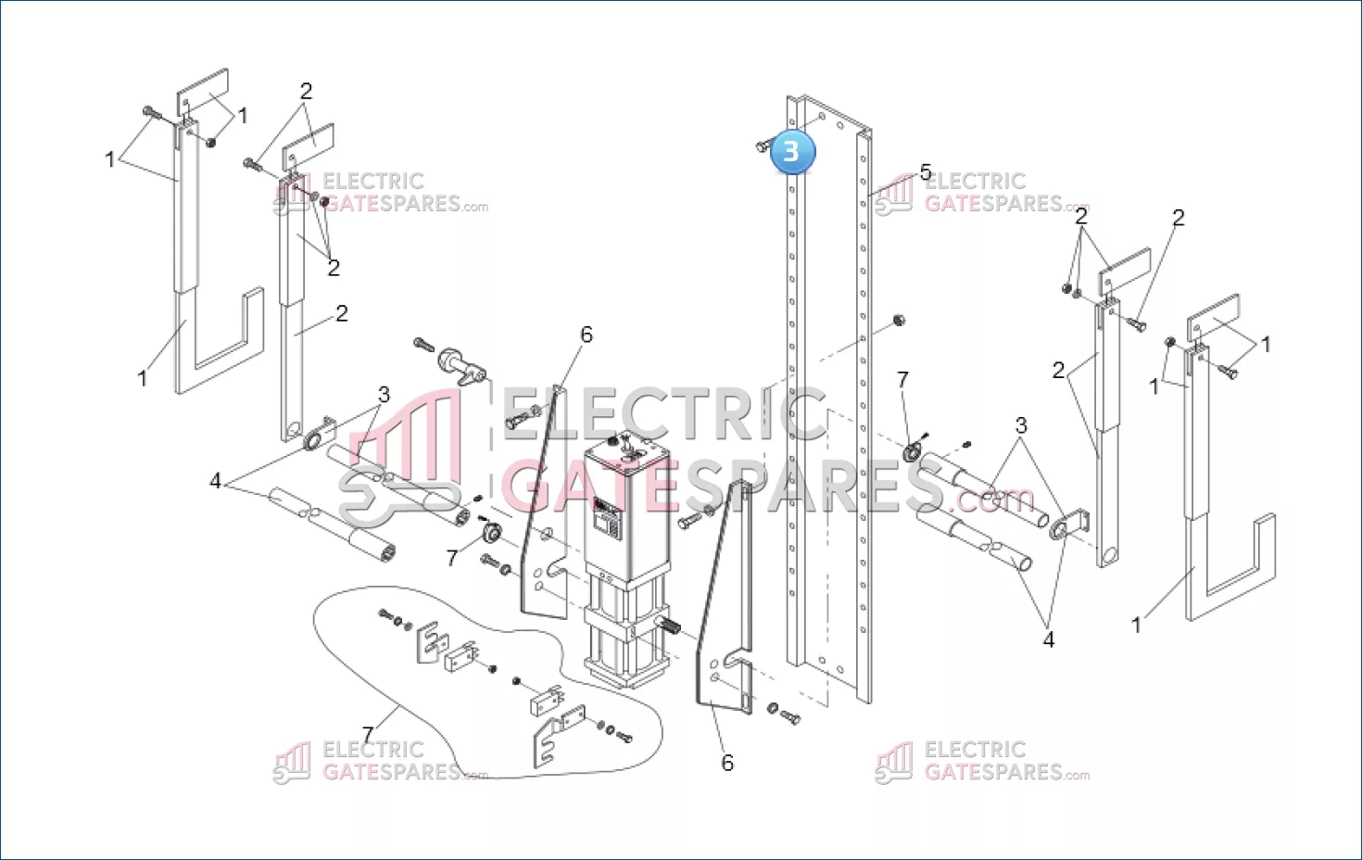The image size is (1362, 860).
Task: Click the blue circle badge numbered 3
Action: pos(792,151)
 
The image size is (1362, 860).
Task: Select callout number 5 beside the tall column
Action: pos(926,172)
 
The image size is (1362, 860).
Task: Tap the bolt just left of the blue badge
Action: pos(763,145)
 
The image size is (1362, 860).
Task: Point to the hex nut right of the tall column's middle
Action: pos(899,320)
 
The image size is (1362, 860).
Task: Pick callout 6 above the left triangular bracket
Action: pos(586,334)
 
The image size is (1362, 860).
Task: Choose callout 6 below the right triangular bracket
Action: pos(727,763)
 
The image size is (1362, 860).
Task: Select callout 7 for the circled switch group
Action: pos(368,735)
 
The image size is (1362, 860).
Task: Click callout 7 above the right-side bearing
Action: pos(903,380)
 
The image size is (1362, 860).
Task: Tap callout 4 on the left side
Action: pos(215,481)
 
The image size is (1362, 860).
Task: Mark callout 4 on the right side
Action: pos(1048,639)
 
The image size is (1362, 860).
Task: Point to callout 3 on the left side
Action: pos(384,394)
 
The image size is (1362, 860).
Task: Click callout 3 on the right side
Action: pos(1021,425)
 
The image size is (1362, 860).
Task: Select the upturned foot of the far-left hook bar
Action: pos(254,322)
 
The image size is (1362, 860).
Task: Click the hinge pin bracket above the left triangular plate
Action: pos(461,365)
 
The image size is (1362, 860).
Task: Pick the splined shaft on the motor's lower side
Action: pos(668,626)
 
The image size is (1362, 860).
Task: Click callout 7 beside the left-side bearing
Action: pos(451,558)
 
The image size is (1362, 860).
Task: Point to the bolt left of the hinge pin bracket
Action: pos(423,344)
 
